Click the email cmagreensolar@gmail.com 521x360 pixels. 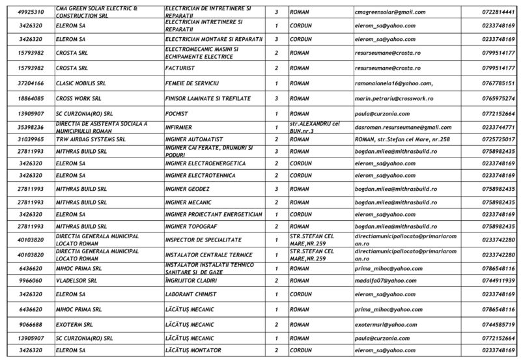(x=390, y=12)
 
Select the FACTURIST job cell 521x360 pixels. (x=182, y=68)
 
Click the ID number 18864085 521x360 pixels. (x=31, y=98)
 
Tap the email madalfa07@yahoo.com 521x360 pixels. (x=386, y=281)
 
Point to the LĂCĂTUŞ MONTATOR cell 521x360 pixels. (x=193, y=351)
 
